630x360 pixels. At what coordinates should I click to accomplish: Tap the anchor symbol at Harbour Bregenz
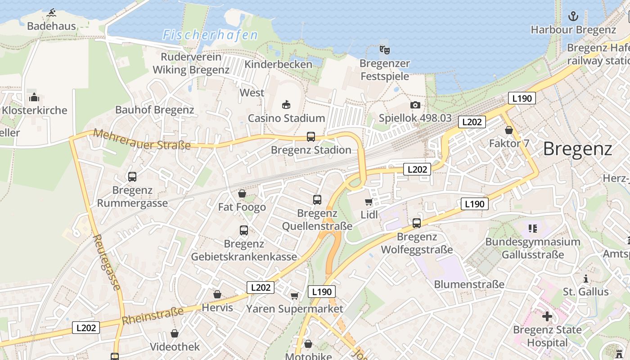[x=573, y=17]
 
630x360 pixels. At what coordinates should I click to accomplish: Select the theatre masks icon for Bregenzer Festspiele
[x=384, y=49]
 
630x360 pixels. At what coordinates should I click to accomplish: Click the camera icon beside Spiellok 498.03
[x=415, y=105]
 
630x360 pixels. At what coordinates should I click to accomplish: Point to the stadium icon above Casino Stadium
[x=286, y=105]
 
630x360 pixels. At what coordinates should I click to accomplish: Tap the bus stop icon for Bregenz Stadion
[x=310, y=136]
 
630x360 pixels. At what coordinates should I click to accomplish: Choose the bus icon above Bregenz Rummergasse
[x=132, y=177]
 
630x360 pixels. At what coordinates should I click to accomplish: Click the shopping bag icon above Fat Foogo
[x=242, y=193]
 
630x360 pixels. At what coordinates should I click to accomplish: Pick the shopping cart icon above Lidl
[x=369, y=202]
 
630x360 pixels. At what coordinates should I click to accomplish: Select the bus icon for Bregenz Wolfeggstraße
[x=417, y=223]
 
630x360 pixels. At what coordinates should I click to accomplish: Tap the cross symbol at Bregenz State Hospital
[x=547, y=316]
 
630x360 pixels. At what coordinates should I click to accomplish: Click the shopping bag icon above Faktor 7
[x=509, y=130]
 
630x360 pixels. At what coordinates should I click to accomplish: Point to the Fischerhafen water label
[x=210, y=35]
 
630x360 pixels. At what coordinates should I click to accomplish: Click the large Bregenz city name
[x=577, y=148]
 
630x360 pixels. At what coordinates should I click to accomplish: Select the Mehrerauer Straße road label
[x=142, y=139]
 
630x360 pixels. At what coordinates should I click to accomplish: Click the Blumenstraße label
[x=469, y=284]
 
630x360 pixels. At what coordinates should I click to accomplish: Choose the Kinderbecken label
[x=278, y=64]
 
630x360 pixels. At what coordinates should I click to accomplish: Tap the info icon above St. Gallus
[x=586, y=279]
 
